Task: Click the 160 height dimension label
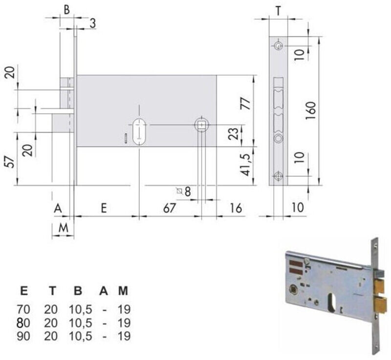311,110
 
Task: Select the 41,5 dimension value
245,165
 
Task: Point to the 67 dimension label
170,208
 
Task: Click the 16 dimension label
236,208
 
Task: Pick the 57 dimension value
10,162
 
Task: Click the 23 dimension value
233,134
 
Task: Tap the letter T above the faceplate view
278,11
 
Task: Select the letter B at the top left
66,10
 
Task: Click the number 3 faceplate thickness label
93,23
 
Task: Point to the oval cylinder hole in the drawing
139,131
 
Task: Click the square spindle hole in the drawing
201,125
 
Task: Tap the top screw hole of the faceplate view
278,46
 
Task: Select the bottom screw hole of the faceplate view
278,177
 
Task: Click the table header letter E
23,291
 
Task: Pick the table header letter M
123,291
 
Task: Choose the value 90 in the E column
23,336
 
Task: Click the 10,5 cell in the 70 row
80,310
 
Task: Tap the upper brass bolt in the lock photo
380,286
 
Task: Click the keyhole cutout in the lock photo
333,302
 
